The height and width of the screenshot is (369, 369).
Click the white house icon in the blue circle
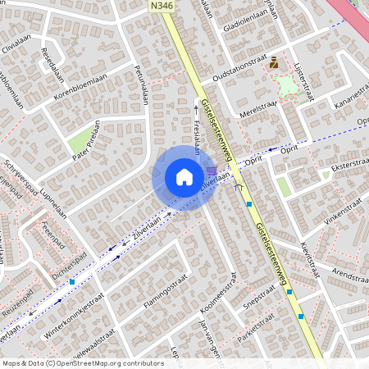pos(184,177)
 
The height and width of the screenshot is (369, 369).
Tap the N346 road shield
pos(162,6)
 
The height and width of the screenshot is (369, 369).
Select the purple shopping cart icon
pos(212,171)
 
